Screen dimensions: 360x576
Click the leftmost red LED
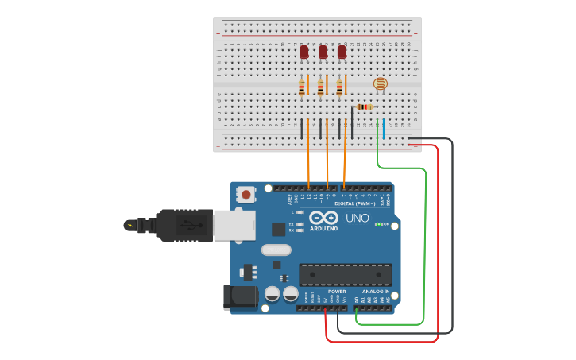(x=303, y=52)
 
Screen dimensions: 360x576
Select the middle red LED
(x=323, y=52)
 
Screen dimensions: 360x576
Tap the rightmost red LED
(x=342, y=52)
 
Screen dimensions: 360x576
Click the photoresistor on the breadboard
(x=381, y=83)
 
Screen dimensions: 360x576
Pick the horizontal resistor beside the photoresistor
(x=364, y=106)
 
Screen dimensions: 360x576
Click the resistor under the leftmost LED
(x=302, y=87)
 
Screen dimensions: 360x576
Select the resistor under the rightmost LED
(x=339, y=87)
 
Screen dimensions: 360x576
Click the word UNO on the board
(x=358, y=218)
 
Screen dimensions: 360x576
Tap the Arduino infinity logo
(x=324, y=218)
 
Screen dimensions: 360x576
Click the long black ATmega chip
(x=345, y=274)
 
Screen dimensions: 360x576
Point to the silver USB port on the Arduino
(x=234, y=225)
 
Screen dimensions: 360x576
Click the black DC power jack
(x=239, y=297)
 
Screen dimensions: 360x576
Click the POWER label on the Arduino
(x=337, y=292)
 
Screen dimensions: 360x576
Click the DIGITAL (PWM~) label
(x=354, y=203)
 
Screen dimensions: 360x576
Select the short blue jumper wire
(x=384, y=129)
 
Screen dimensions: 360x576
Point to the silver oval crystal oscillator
(x=276, y=250)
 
